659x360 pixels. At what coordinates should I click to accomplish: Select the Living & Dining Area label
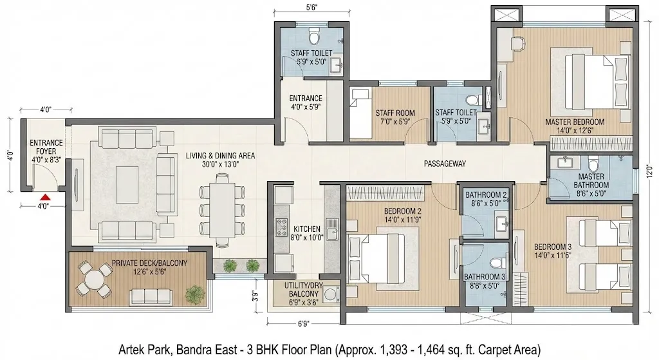click(x=220, y=160)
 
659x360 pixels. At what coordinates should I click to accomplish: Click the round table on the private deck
click(x=96, y=278)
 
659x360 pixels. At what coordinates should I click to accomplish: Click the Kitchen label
click(x=307, y=233)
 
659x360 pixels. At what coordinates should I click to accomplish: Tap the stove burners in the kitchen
click(x=281, y=227)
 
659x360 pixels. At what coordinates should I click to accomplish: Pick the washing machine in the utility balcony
click(x=332, y=294)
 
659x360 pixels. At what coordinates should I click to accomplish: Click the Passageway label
click(x=445, y=164)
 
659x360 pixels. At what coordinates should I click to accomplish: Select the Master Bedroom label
click(x=575, y=126)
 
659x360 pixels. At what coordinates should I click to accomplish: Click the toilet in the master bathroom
click(x=593, y=164)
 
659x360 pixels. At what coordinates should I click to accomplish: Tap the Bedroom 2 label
click(x=403, y=215)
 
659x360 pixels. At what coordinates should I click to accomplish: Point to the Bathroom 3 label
click(x=485, y=281)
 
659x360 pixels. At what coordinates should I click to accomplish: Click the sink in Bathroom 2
click(x=501, y=223)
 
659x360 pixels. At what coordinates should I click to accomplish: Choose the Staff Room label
click(x=395, y=117)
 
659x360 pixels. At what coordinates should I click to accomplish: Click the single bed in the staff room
click(x=360, y=113)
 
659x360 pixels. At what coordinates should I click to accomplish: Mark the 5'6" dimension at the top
click(x=311, y=7)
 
